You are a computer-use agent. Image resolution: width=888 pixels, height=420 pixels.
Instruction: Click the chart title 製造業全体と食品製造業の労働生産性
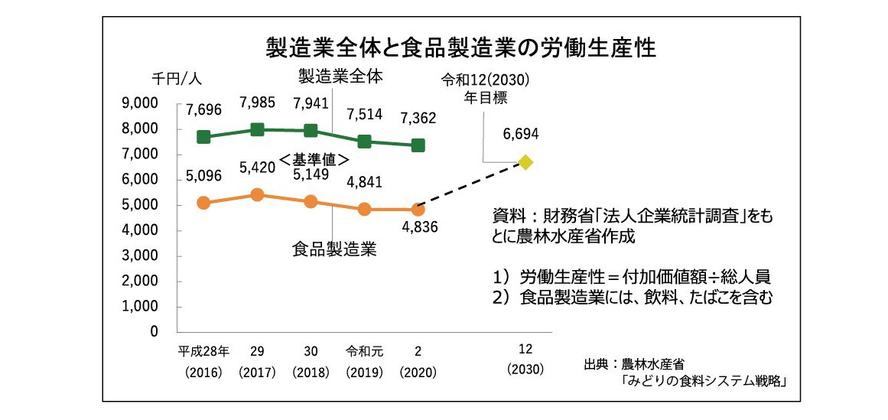461,47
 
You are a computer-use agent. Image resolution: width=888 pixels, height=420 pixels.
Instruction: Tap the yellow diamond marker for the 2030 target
525,162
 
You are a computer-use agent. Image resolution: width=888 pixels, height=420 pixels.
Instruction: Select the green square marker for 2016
203,137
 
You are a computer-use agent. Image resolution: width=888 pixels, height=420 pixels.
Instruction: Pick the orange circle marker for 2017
257,195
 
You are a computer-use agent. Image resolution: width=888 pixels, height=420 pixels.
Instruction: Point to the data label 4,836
418,228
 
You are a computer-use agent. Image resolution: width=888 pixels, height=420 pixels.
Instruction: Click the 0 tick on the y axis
154,332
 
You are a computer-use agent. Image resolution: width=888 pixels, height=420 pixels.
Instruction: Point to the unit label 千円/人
176,79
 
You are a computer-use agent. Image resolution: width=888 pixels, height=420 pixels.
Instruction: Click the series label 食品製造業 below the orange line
333,250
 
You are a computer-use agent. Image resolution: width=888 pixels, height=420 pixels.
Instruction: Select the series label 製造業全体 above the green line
340,77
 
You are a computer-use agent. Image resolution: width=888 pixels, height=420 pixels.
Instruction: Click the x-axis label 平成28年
203,352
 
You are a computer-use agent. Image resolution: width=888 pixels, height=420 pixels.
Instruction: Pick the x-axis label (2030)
525,369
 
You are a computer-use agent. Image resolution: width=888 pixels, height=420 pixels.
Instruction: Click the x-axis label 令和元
364,352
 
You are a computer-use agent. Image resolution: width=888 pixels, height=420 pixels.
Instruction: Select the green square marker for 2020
418,145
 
